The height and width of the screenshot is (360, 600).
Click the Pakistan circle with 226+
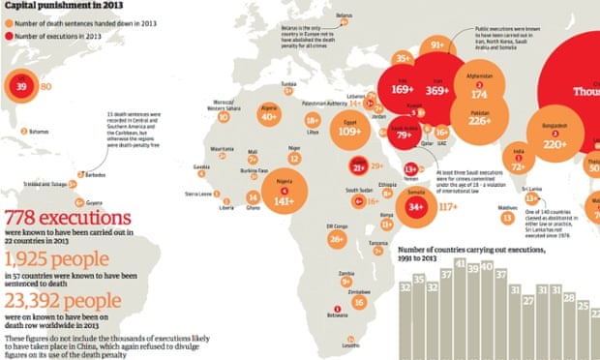pos(479,121)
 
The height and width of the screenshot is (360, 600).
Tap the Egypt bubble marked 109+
pos(350,132)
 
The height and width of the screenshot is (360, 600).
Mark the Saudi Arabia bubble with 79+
pos(401,134)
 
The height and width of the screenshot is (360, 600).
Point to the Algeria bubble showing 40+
pos(268,116)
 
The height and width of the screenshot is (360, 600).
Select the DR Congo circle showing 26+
pos(336,238)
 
